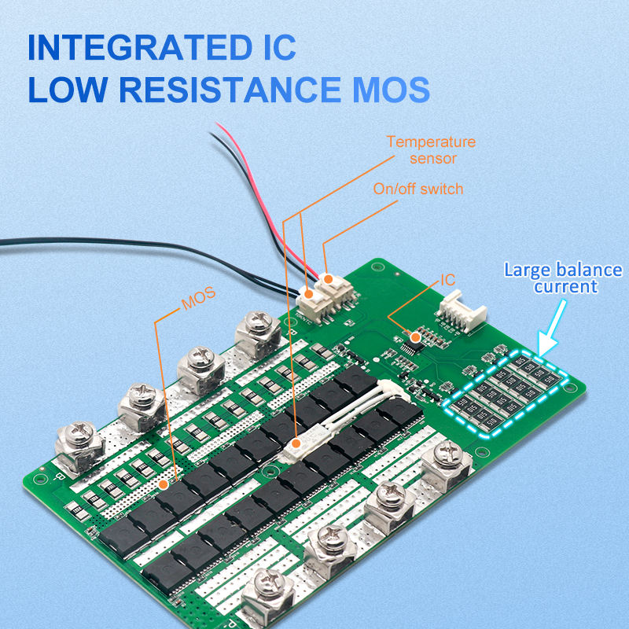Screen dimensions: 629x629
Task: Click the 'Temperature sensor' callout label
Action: tap(431, 149)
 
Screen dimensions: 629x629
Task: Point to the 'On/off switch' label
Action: tap(419, 189)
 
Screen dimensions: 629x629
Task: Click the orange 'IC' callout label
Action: tap(448, 279)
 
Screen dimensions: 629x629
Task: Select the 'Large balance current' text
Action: tap(562, 278)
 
